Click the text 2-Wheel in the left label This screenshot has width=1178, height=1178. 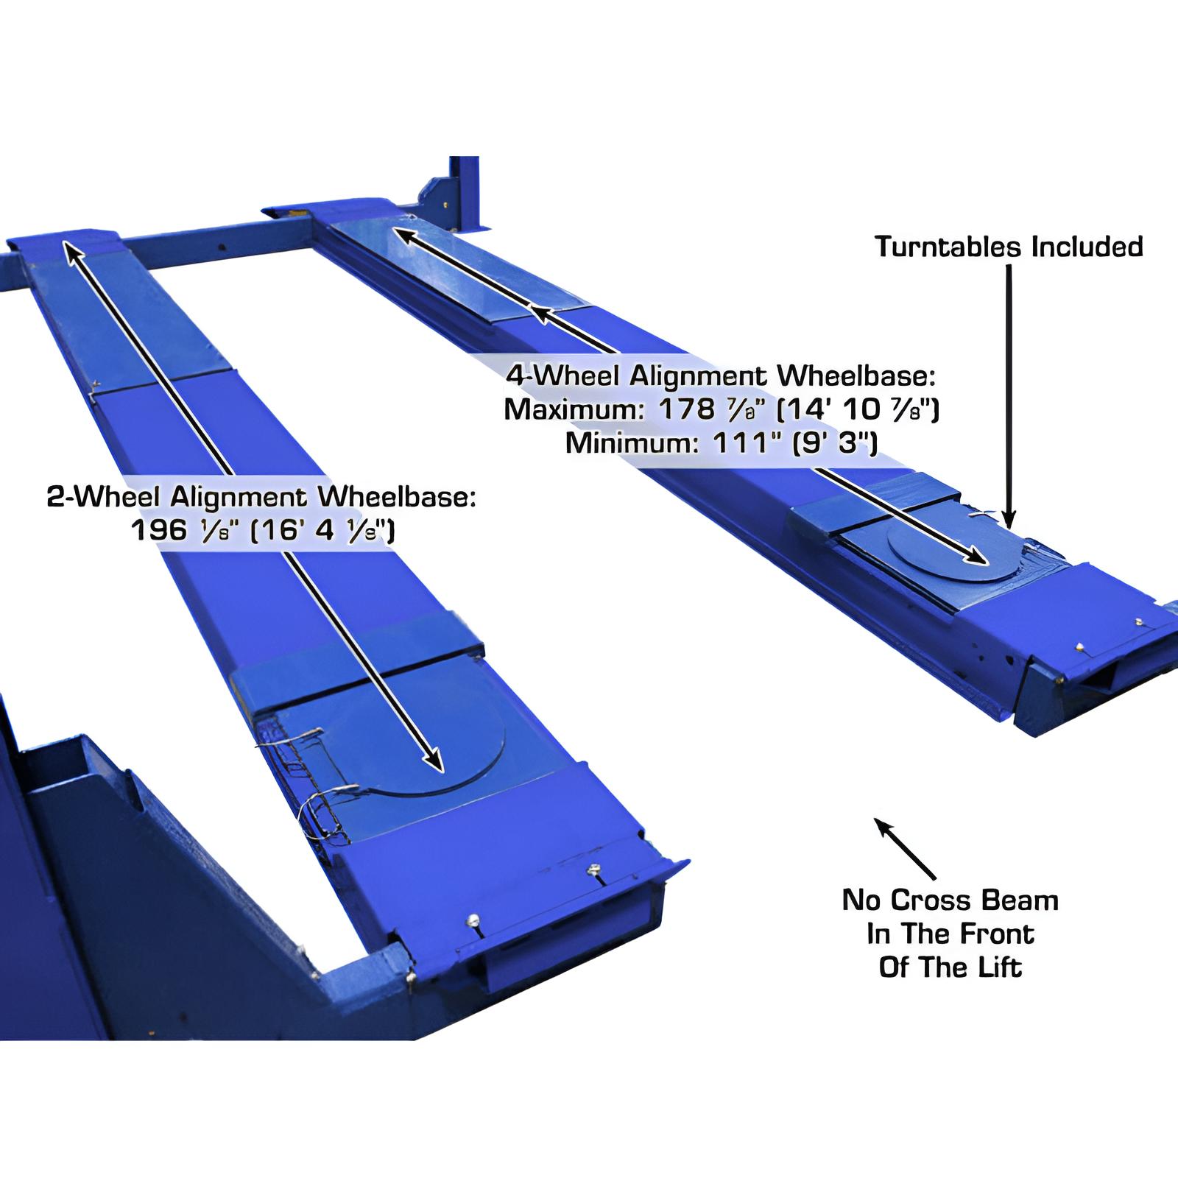pos(103,498)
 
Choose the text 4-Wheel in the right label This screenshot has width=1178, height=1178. pos(560,376)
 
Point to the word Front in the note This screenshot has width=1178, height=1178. pos(998,934)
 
